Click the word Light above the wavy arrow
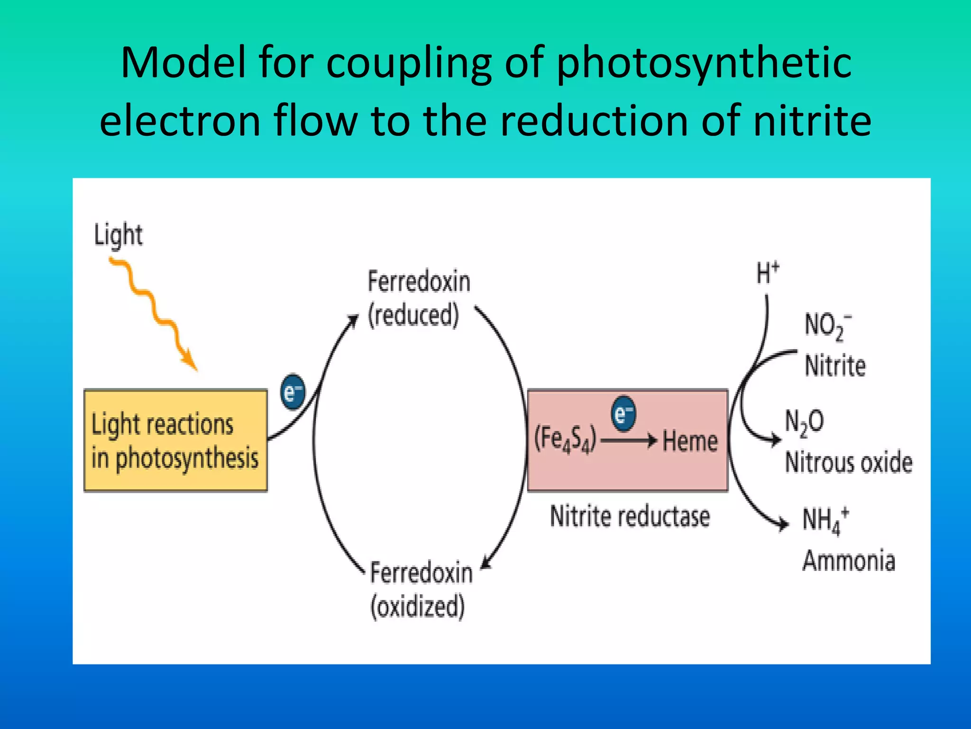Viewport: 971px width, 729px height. pyautogui.click(x=118, y=234)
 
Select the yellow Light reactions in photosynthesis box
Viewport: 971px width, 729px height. pyautogui.click(x=175, y=440)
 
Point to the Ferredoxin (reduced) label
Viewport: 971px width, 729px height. pyautogui.click(x=418, y=298)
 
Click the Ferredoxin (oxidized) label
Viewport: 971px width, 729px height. pyautogui.click(x=421, y=589)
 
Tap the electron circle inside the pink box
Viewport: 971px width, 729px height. pyautogui.click(x=623, y=414)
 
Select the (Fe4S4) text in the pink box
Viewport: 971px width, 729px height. pyautogui.click(x=565, y=439)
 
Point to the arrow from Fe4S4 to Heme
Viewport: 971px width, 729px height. pyautogui.click(x=629, y=440)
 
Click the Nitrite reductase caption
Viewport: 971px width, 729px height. pyautogui.click(x=630, y=516)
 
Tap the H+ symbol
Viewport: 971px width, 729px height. pyautogui.click(x=767, y=273)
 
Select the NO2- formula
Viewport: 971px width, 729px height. pyautogui.click(x=828, y=326)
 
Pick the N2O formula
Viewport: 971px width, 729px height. pyautogui.click(x=804, y=421)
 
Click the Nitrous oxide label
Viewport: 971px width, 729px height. pyautogui.click(x=849, y=462)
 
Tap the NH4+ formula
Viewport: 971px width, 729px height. pyautogui.click(x=825, y=521)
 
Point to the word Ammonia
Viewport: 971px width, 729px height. pyautogui.click(x=849, y=561)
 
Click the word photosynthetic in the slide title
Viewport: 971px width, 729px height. pyautogui.click(x=704, y=64)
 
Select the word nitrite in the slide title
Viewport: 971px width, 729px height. pyautogui.click(x=812, y=121)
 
